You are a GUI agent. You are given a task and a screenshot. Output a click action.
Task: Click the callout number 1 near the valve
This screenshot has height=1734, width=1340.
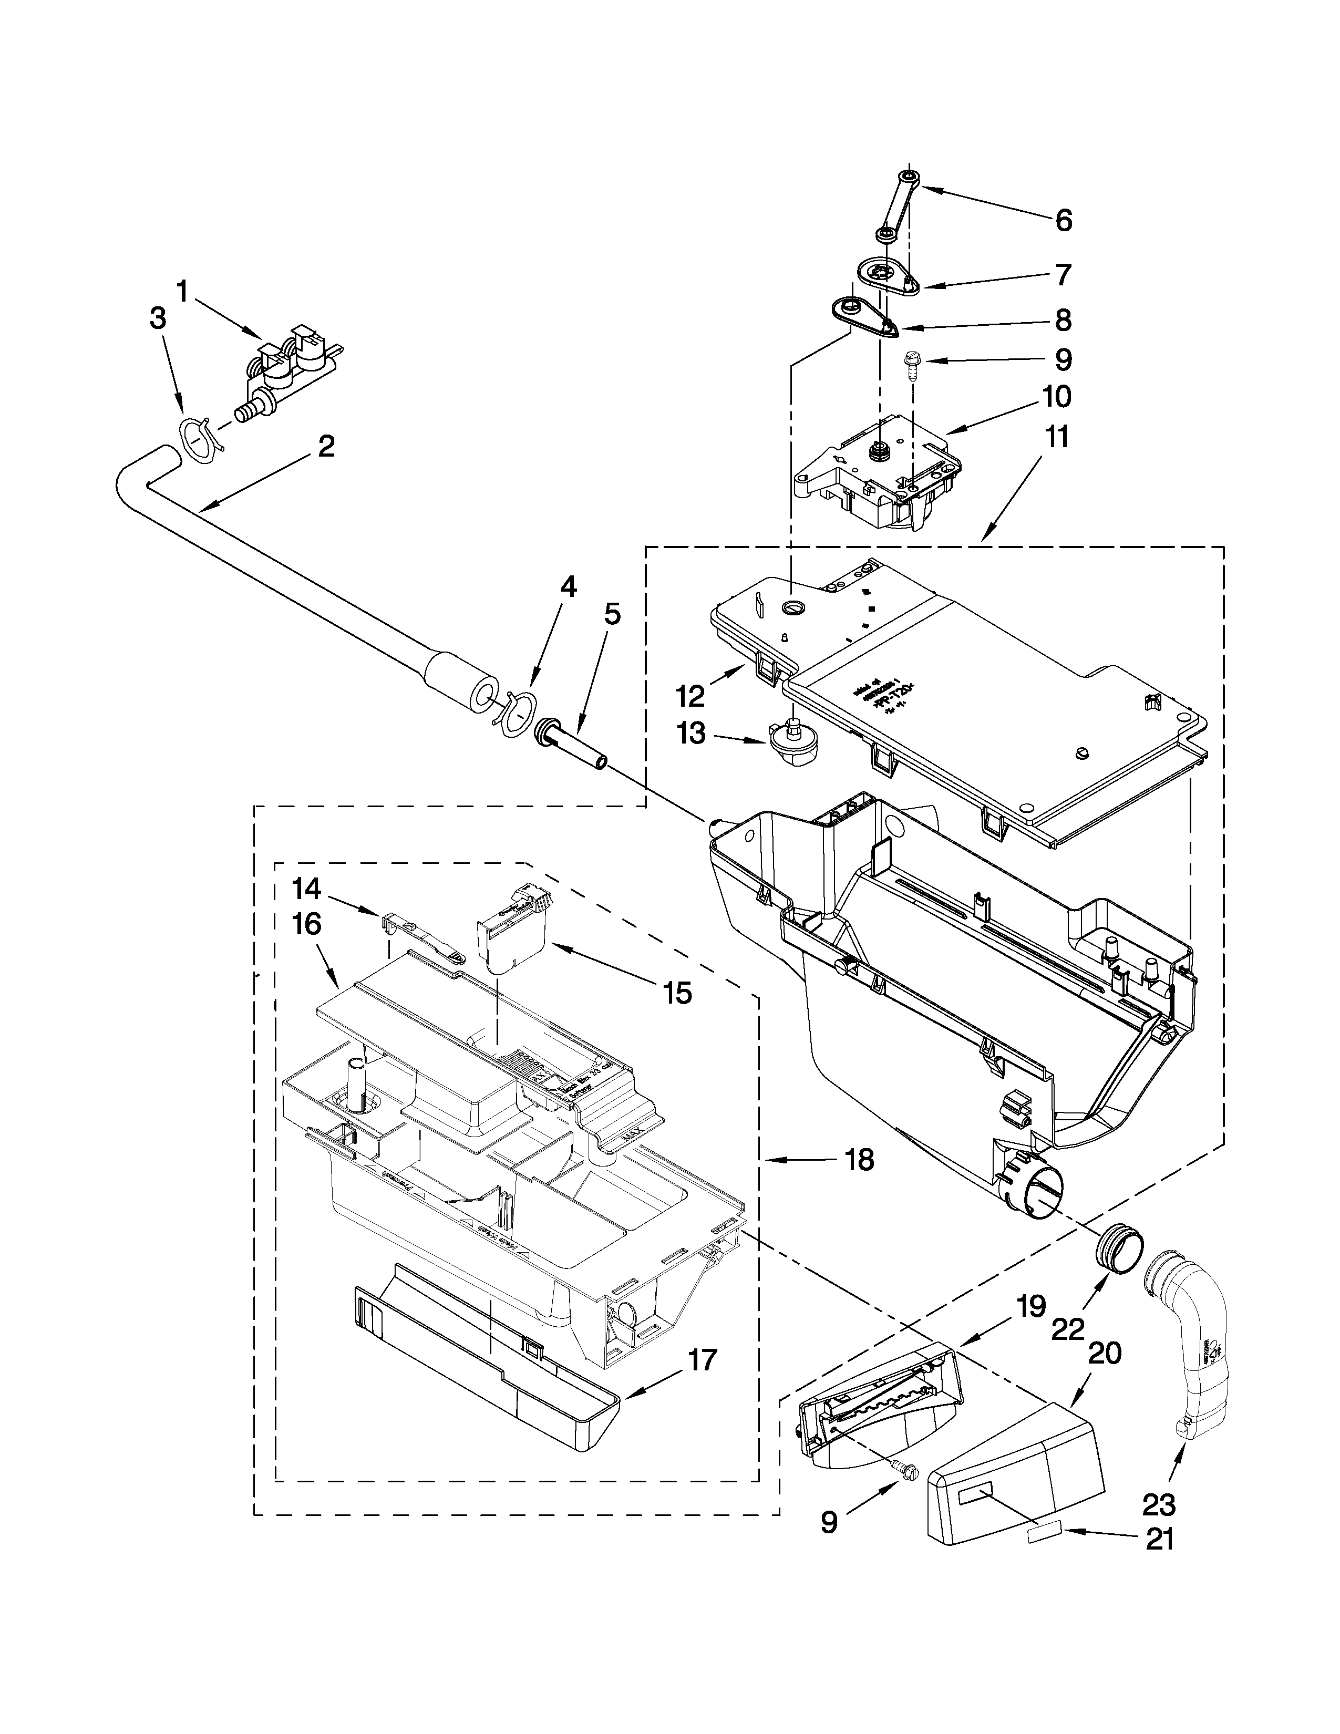tap(182, 292)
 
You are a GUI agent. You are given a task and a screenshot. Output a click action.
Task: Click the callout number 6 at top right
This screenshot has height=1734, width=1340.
tap(1064, 220)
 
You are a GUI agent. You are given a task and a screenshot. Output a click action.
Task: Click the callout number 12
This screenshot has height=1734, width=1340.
tap(690, 696)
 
